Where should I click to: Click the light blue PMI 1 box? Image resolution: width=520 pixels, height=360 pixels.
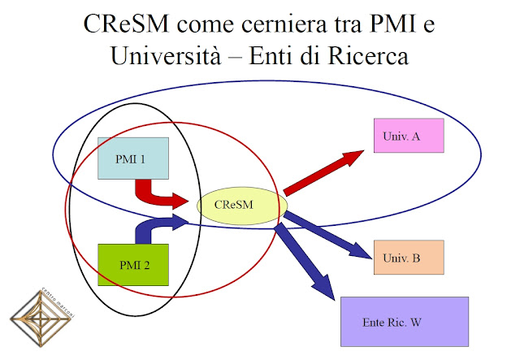(x=132, y=158)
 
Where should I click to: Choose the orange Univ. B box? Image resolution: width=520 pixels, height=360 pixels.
(x=409, y=258)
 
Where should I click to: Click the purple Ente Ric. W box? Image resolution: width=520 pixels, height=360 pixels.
(x=404, y=322)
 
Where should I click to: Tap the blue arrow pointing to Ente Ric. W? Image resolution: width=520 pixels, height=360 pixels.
(x=308, y=261)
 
